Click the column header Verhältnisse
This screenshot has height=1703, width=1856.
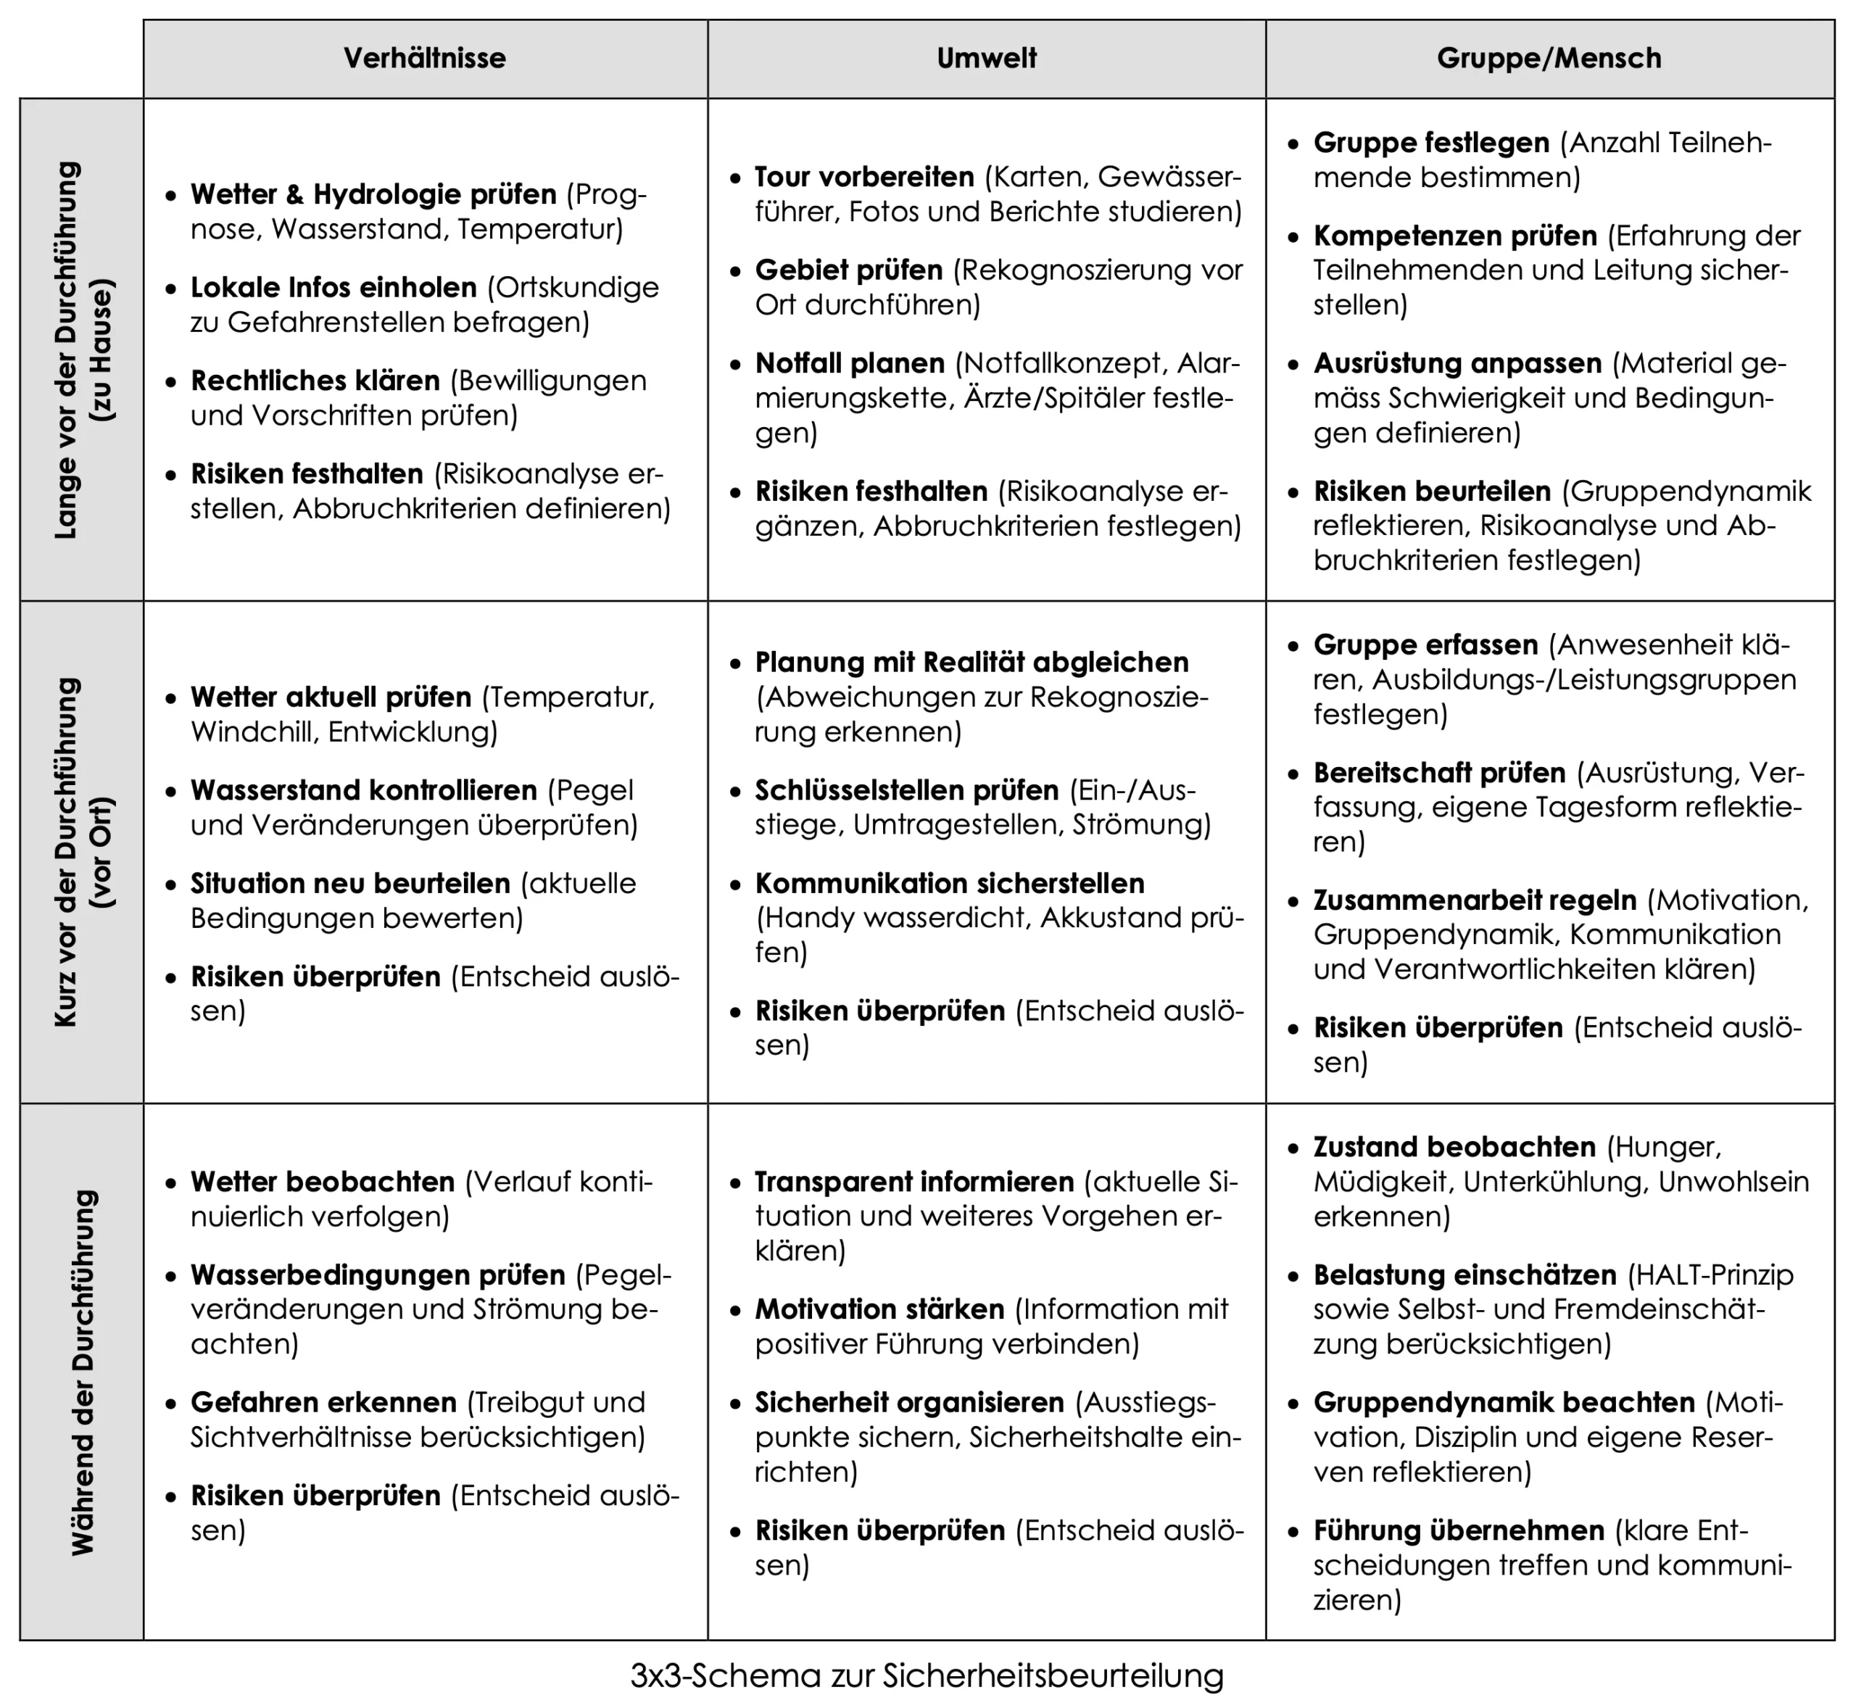coord(425,58)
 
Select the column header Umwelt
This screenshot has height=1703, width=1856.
coord(986,58)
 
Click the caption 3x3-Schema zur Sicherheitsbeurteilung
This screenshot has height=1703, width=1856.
coord(927,1675)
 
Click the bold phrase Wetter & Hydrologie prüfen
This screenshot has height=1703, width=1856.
coord(373,194)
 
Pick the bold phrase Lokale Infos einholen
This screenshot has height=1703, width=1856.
coord(333,288)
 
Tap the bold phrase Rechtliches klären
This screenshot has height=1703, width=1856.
coord(315,381)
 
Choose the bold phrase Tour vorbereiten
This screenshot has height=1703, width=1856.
coord(864,177)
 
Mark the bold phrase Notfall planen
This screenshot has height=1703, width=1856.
coord(850,363)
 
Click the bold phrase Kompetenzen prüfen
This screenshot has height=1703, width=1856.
coord(1455,236)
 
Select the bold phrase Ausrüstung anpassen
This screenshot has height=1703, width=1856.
coord(1457,363)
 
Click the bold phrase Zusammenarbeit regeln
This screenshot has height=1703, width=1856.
coord(1475,900)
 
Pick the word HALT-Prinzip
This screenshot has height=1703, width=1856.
coord(1710,1275)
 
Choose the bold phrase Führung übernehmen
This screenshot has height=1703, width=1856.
coord(1459,1530)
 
